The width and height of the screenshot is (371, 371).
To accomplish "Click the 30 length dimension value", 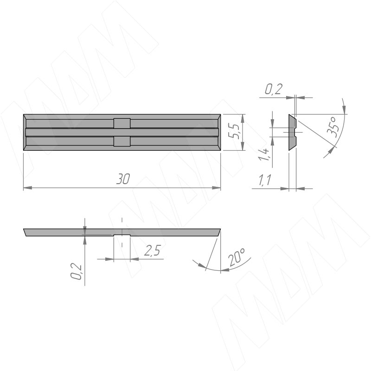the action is pyautogui.click(x=123, y=179).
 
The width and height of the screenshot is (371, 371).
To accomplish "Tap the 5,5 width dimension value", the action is pyautogui.click(x=232, y=132).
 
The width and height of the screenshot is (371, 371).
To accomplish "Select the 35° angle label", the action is pyautogui.click(x=333, y=127).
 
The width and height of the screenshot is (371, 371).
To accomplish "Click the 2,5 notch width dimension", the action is pyautogui.click(x=153, y=251).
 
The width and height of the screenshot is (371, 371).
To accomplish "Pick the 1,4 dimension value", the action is pyautogui.click(x=264, y=154).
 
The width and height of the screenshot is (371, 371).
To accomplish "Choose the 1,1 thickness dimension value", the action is pyautogui.click(x=264, y=180).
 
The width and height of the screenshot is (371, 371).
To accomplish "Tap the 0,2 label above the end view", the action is pyautogui.click(x=274, y=89).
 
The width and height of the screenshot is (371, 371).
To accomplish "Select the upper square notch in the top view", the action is pyautogui.click(x=122, y=123).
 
